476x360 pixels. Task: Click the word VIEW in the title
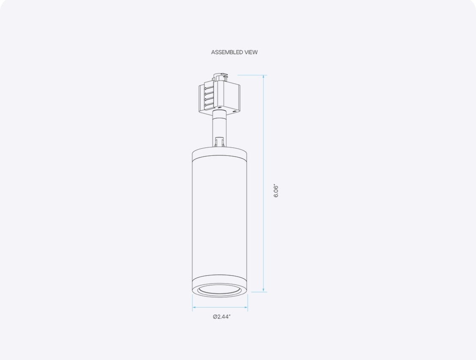click(251, 53)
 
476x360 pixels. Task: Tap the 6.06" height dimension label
click(276, 191)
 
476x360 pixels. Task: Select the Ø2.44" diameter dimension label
click(222, 317)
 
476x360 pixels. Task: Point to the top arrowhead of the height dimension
click(264, 77)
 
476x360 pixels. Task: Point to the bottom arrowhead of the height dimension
click(264, 291)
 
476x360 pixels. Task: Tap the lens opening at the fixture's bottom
click(220, 290)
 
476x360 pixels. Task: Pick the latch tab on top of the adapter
click(221, 78)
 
